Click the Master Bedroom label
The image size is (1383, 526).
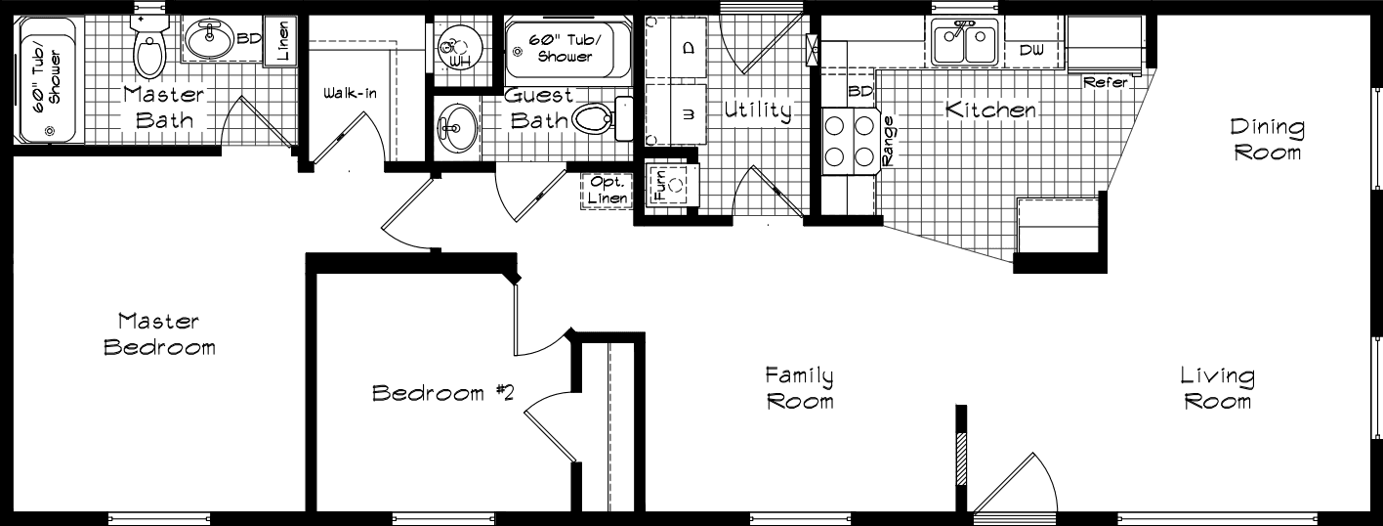(159, 333)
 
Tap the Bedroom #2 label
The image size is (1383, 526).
(443, 393)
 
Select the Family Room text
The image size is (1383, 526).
(799, 387)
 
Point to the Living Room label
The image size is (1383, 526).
(1217, 388)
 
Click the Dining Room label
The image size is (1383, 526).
(1267, 140)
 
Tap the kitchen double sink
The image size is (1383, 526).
(964, 42)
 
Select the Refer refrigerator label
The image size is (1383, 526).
(1106, 83)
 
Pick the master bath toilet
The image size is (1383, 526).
(148, 51)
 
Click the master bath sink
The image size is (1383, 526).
(207, 41)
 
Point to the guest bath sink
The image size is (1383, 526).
(455, 126)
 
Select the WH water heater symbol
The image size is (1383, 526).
(454, 45)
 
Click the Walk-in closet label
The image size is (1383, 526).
(351, 94)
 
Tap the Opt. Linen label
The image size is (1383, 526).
(607, 191)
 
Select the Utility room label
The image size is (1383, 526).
(757, 110)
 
